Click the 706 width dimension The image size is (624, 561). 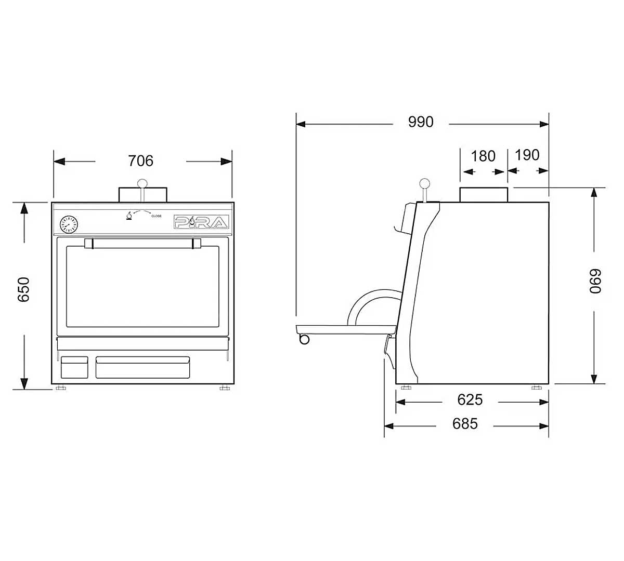pyautogui.click(x=140, y=161)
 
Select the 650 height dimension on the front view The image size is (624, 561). pyautogui.click(x=24, y=289)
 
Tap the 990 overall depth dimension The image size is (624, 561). pyautogui.click(x=420, y=122)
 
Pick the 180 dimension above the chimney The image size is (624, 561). pyautogui.click(x=483, y=156)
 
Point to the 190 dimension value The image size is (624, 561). pyautogui.click(x=527, y=155)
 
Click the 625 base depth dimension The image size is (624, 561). pyautogui.click(x=470, y=399)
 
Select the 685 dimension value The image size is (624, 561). pyautogui.click(x=464, y=424)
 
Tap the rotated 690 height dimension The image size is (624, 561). pyautogui.click(x=595, y=281)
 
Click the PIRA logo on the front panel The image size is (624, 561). pyautogui.click(x=201, y=223)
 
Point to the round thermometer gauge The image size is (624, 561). pyautogui.click(x=69, y=225)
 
